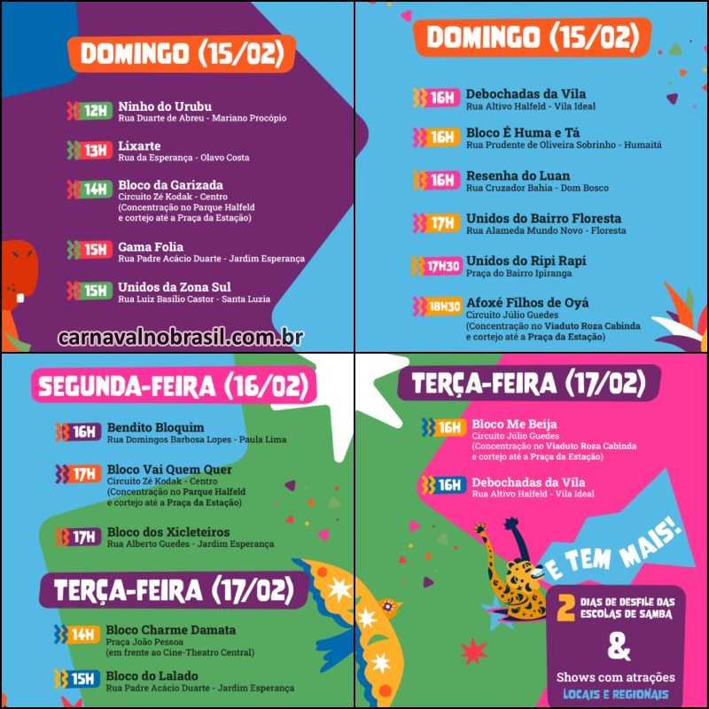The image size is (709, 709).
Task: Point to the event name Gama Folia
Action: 151,246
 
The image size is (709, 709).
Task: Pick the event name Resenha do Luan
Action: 518,175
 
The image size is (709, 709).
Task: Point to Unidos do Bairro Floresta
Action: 543,218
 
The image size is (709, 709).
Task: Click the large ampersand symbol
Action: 620,648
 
